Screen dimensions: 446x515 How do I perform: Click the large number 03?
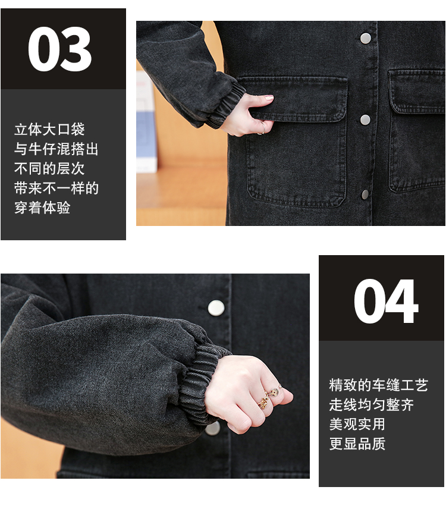coord(59,49)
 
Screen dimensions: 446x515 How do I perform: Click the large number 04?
coord(386,302)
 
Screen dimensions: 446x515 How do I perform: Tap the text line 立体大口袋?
coord(49,129)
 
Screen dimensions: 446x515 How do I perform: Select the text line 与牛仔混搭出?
coord(56,149)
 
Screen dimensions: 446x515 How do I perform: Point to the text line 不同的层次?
coord(49,168)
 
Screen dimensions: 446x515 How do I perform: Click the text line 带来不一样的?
coord(56,188)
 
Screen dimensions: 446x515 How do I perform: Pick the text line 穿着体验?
coord(42,208)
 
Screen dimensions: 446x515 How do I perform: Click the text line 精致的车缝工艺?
coord(378,385)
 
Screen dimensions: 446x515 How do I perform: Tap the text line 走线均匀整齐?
coord(372,404)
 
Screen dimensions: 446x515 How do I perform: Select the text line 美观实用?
coord(357,424)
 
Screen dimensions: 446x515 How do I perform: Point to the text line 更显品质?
coord(357,444)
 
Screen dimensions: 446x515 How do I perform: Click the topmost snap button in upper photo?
coord(366,39)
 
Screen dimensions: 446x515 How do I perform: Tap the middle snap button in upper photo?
coord(365,120)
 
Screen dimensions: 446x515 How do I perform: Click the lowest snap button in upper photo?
coord(365,194)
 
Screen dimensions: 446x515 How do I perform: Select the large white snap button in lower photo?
coord(216,308)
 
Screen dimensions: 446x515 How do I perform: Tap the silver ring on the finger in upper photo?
coord(263,128)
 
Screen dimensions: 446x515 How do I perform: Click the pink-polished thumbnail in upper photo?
coord(269,98)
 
